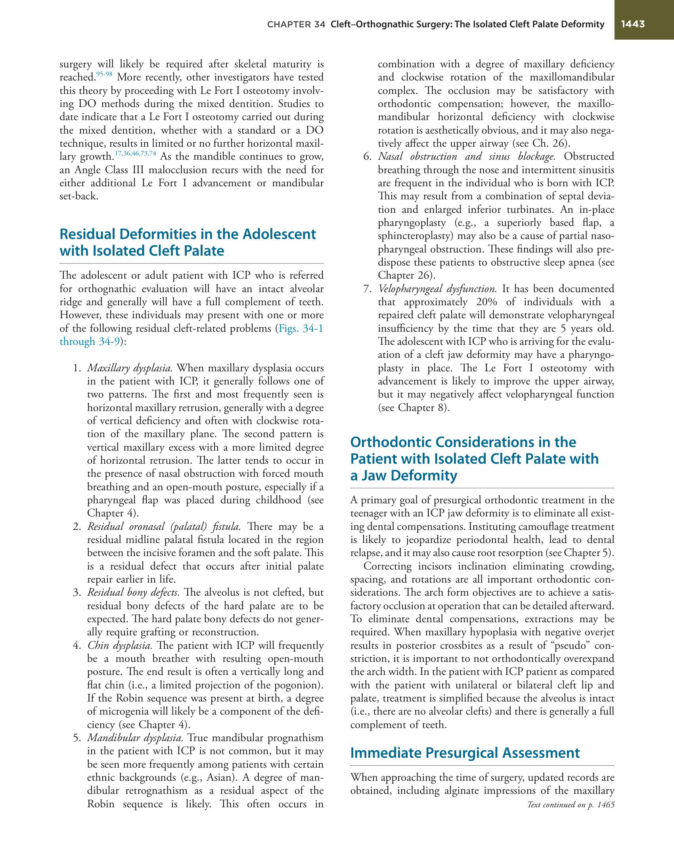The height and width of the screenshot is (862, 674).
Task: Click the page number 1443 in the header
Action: [x=633, y=24]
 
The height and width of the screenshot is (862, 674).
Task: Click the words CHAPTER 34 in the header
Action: [x=296, y=25]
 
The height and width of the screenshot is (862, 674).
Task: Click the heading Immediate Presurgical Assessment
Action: [x=465, y=753]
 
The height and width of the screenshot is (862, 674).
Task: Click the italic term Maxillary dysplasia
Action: [x=130, y=368]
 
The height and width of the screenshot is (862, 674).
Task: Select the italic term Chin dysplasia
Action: [x=120, y=645]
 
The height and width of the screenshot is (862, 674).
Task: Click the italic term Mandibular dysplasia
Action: [x=135, y=738]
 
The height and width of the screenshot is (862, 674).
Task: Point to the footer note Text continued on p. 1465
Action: [x=571, y=805]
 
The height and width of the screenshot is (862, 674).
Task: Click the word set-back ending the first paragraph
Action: [x=78, y=196]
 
